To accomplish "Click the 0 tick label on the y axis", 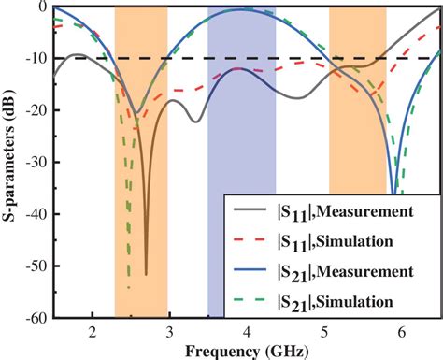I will point(42,7).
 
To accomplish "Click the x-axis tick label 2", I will point(92,332).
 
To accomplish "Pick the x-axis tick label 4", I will point(247,332).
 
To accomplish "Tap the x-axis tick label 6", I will point(402,332).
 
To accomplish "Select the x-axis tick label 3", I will point(169,332).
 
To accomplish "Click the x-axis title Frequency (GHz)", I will point(247,350).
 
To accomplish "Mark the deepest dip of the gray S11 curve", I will point(146,273).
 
